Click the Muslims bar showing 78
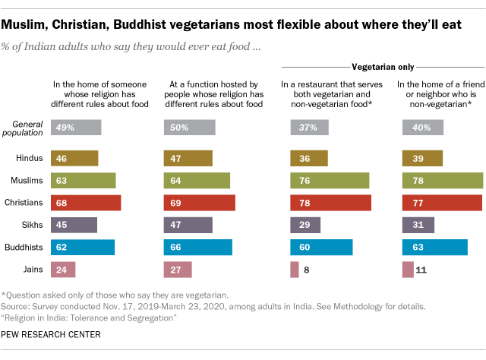(442, 180)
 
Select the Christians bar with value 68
(86, 202)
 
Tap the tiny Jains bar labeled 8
(293, 269)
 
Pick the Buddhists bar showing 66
(197, 247)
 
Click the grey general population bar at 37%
(309, 128)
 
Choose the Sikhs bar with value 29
(306, 225)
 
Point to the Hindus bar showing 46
(74, 158)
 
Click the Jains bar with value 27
(178, 269)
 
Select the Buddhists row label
(23, 247)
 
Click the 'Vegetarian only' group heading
(383, 68)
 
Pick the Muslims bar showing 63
(83, 180)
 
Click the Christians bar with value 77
(441, 202)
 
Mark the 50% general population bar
(189, 128)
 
